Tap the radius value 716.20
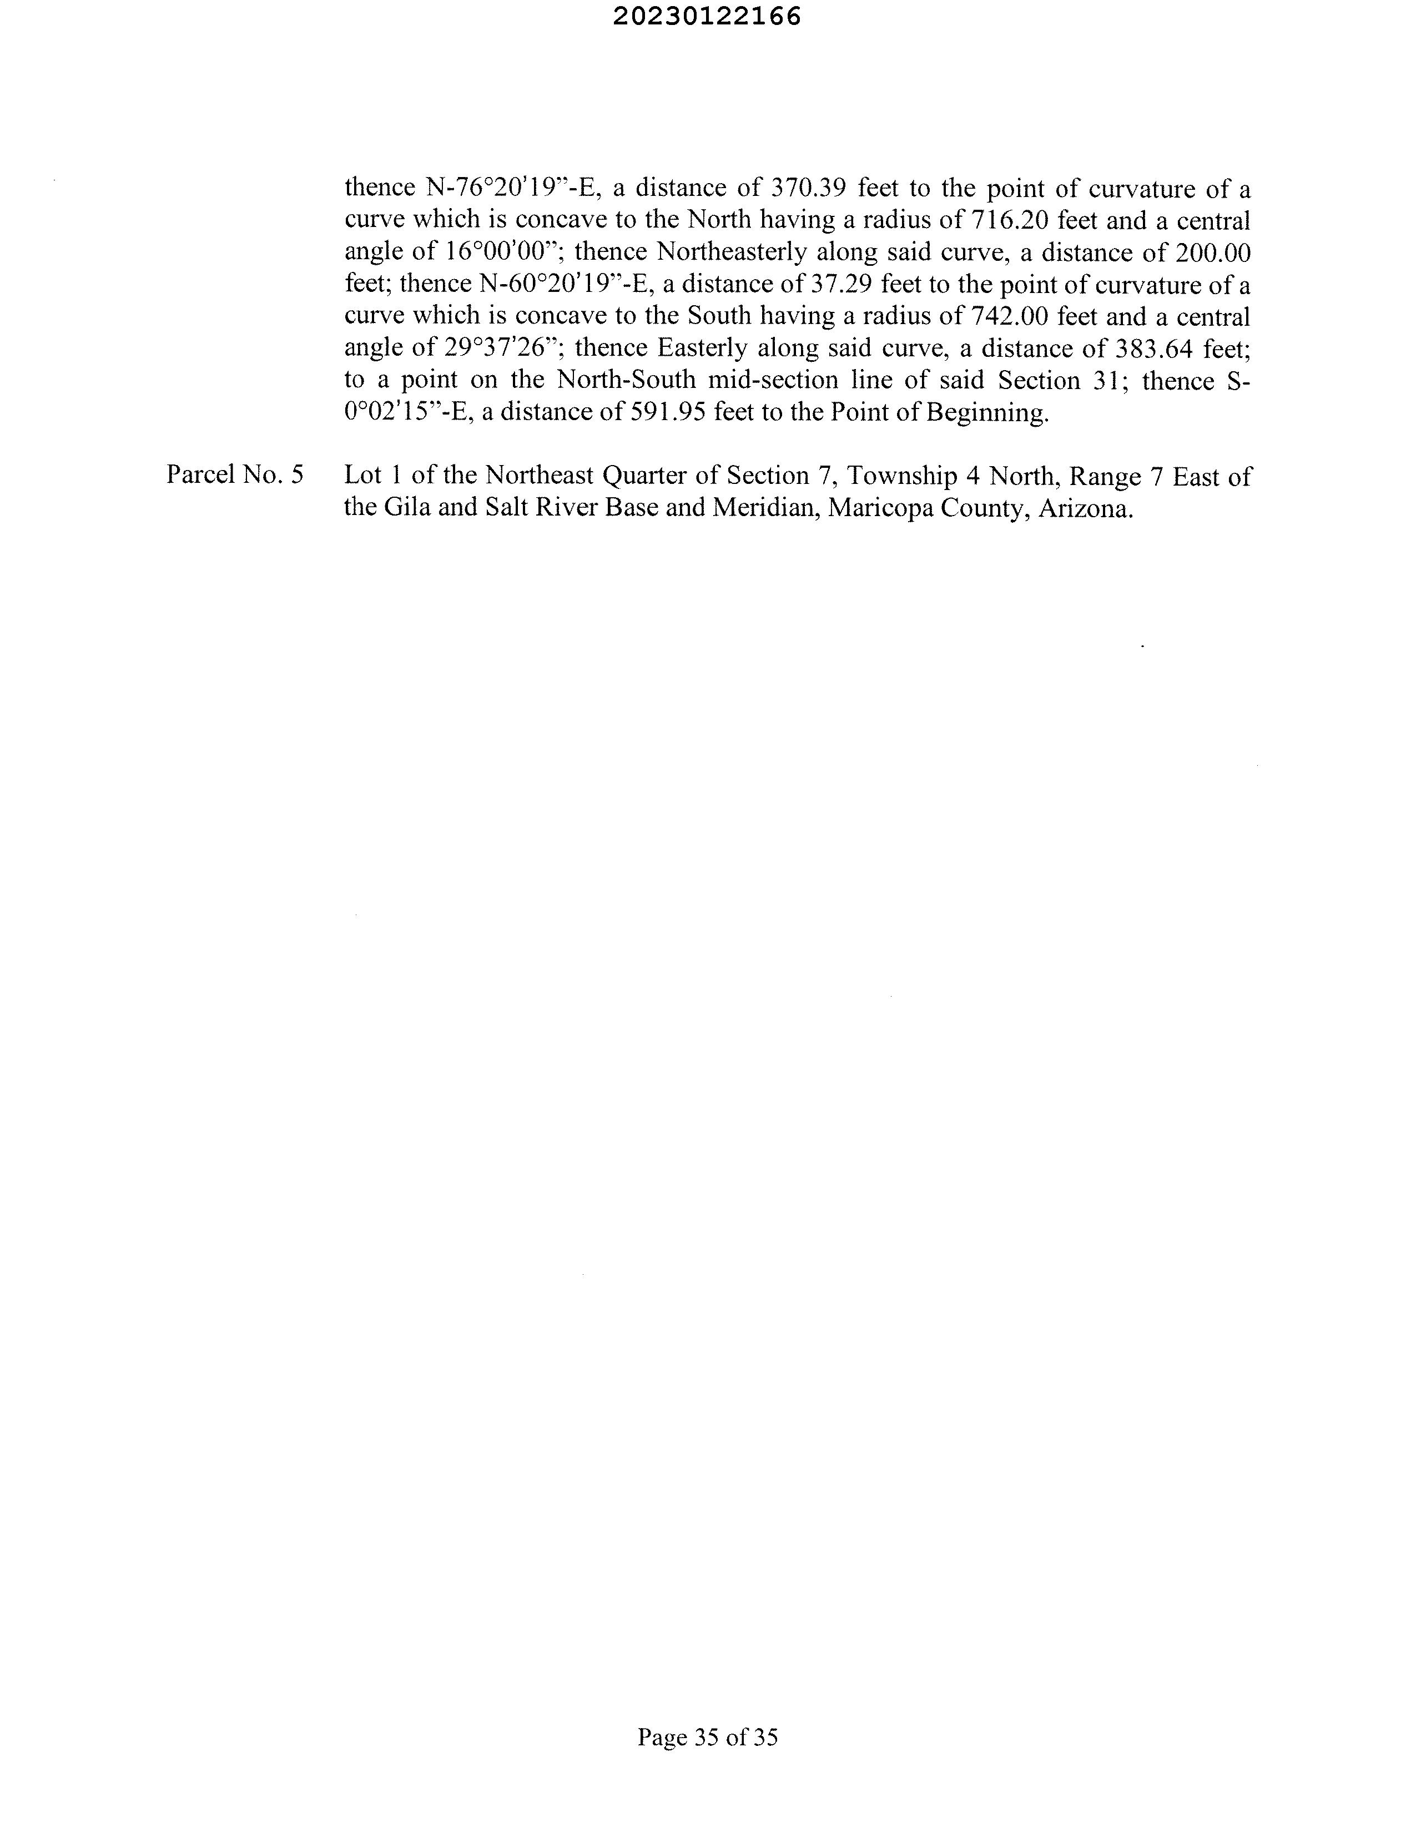(x=1009, y=220)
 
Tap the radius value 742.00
(x=1009, y=316)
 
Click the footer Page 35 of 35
(x=707, y=1736)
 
